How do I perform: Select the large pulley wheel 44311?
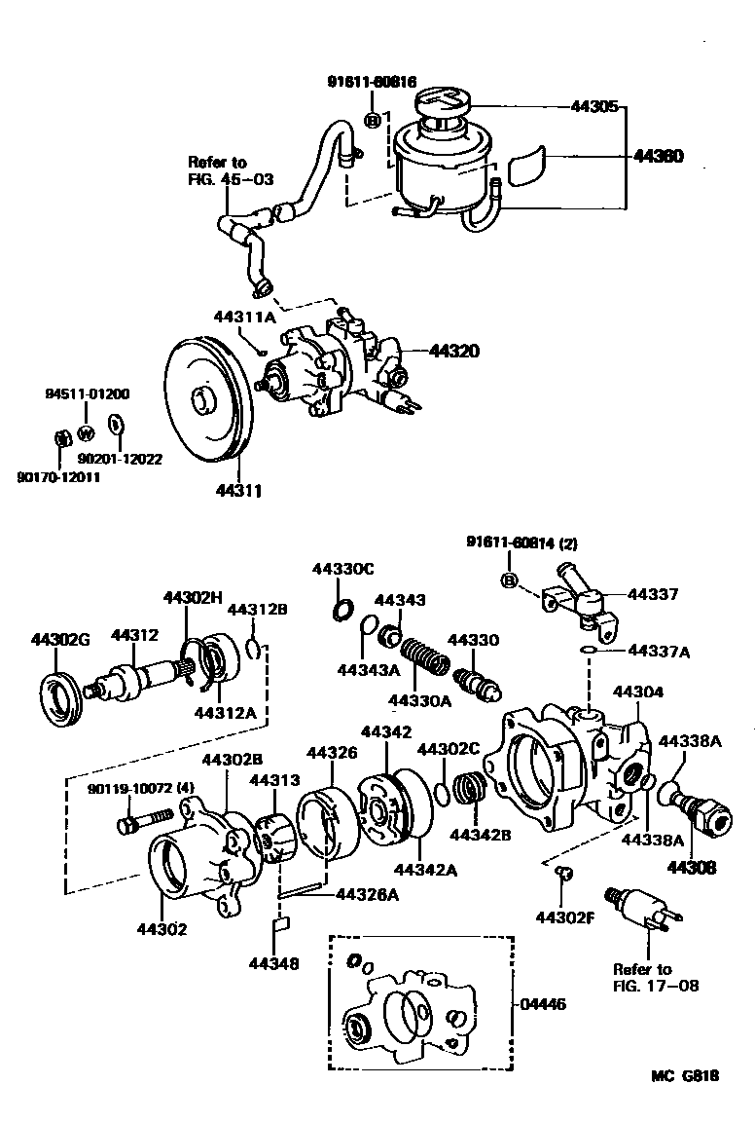[x=205, y=399]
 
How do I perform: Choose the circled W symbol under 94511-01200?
[x=86, y=432]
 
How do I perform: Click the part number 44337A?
[x=658, y=652]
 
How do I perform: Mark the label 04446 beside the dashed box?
[x=545, y=1003]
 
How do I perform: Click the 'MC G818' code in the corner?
[x=685, y=1076]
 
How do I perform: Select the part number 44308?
[x=691, y=866]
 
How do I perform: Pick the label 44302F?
[x=564, y=916]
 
